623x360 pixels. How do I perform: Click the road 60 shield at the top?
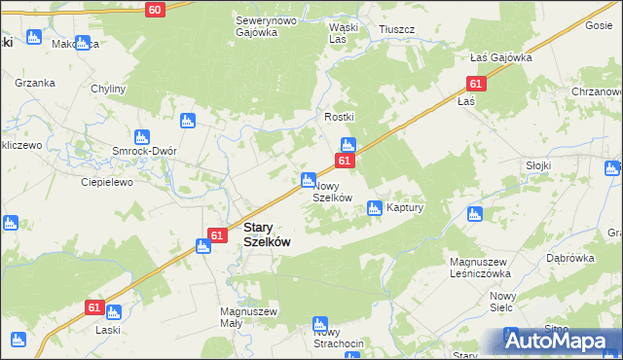tap(155, 9)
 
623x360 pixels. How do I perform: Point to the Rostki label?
tap(340, 117)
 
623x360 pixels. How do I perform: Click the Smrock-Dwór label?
tap(142, 153)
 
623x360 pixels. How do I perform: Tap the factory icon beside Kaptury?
tap(374, 207)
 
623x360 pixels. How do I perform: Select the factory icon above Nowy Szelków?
tap(308, 179)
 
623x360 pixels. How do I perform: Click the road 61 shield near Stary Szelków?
tap(219, 234)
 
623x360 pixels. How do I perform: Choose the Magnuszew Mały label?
tap(250, 318)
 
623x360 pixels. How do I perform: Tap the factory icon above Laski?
tap(113, 312)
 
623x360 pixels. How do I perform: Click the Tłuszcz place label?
tap(397, 29)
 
